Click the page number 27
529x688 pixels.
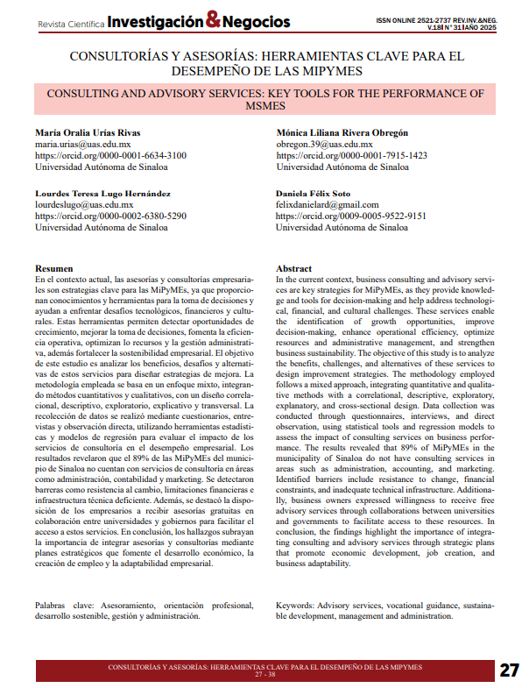click(509, 670)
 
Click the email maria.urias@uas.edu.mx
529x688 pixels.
click(82, 144)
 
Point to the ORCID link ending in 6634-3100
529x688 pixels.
click(110, 155)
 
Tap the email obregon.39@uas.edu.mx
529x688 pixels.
click(324, 144)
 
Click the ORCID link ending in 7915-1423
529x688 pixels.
click(351, 155)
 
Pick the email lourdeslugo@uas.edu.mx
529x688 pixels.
click(84, 204)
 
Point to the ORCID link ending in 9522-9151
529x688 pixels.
click(351, 216)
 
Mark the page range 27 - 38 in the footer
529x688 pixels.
click(264, 675)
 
